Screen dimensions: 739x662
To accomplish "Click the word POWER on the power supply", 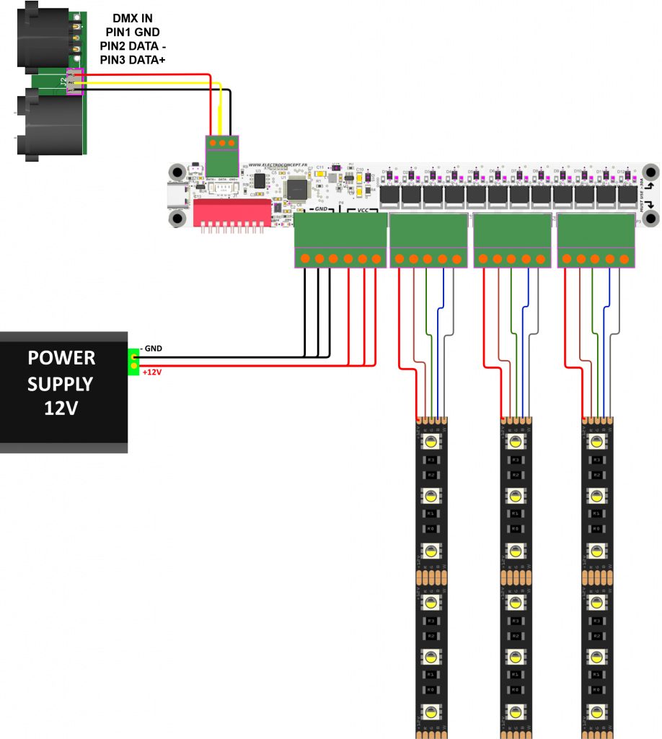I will (x=61, y=358).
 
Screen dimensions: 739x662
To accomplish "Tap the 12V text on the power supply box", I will (x=61, y=408).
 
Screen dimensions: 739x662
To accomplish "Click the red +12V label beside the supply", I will (x=151, y=372).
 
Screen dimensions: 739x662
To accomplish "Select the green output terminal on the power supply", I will (x=133, y=362).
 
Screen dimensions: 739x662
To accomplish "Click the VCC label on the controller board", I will (x=361, y=210).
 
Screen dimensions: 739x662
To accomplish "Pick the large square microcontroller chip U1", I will (x=297, y=189).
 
